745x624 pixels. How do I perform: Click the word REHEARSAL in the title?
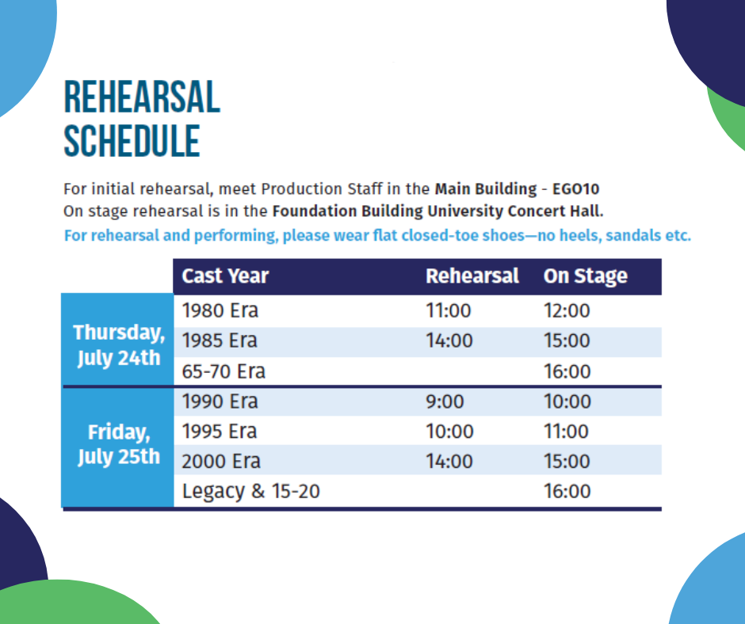pos(142,97)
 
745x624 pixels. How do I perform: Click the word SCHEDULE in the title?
pos(132,141)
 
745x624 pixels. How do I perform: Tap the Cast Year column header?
pos(225,276)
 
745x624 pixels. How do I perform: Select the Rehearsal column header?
pos(472,276)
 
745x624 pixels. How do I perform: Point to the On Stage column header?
pos(586,276)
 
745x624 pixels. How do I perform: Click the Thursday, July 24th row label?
pos(119,345)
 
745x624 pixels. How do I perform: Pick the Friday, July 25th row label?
pos(119,444)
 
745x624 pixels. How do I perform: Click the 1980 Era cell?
pos(220,310)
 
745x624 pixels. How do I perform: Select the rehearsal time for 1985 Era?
pos(449,341)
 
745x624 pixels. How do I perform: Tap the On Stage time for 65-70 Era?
pos(567,371)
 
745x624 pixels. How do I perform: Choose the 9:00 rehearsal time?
pos(445,401)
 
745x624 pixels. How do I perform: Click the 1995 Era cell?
pos(220,432)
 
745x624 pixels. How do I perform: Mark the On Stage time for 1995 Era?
pos(567,432)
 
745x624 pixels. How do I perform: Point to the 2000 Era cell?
pos(221,461)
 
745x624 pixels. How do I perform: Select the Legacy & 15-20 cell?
pos(251,492)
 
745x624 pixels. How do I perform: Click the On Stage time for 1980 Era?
pos(567,310)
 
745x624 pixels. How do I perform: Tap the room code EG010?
pos(576,189)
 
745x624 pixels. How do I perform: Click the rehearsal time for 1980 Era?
pos(449,310)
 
